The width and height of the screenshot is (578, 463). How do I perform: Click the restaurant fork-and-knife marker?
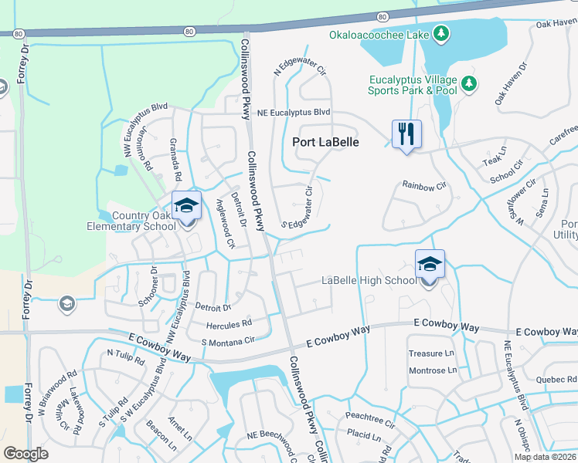pyautogui.click(x=406, y=134)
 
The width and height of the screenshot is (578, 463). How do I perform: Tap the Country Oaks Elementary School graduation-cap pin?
pyautogui.click(x=186, y=207)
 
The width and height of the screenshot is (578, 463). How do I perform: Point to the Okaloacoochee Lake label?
pyautogui.click(x=379, y=34)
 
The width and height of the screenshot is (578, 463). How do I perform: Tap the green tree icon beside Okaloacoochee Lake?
pyautogui.click(x=441, y=33)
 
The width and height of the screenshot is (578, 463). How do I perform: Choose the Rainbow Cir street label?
pyautogui.click(x=424, y=185)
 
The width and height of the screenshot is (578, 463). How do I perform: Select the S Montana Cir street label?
pyautogui.click(x=227, y=342)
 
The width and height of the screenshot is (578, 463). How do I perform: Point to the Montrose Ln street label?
pyautogui.click(x=432, y=370)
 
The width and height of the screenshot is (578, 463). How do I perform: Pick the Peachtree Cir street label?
pyautogui.click(x=370, y=424)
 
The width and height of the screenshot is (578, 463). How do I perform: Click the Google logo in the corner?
pyautogui.click(x=26, y=453)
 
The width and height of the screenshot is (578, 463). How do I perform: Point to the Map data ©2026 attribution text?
pyautogui.click(x=545, y=457)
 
